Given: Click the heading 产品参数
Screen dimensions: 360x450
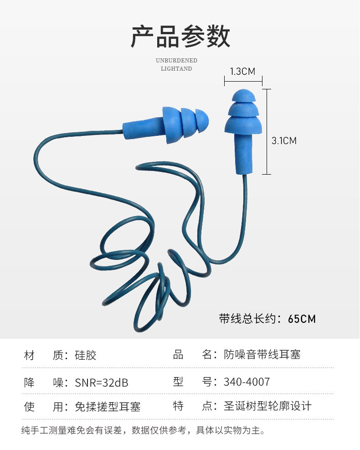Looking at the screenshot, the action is click(180, 37).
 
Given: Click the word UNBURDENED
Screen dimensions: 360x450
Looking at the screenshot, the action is click(176, 60).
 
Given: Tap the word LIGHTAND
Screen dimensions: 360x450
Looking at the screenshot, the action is click(176, 69).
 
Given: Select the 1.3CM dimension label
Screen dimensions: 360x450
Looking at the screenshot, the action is click(242, 71).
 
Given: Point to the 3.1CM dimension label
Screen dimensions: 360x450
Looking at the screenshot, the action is click(284, 141).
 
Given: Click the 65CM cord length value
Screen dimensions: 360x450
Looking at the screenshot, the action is click(302, 319).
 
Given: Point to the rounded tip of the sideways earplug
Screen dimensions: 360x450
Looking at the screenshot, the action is click(202, 120).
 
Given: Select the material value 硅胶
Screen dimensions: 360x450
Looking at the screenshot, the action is click(86, 355).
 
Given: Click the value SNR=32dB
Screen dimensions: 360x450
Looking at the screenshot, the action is click(101, 382).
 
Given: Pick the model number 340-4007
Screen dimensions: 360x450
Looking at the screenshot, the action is click(247, 382).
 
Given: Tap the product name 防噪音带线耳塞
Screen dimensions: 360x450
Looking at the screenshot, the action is click(262, 354).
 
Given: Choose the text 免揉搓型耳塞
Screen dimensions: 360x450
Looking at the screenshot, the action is click(108, 406).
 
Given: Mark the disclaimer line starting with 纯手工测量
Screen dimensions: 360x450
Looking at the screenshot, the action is click(143, 430).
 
